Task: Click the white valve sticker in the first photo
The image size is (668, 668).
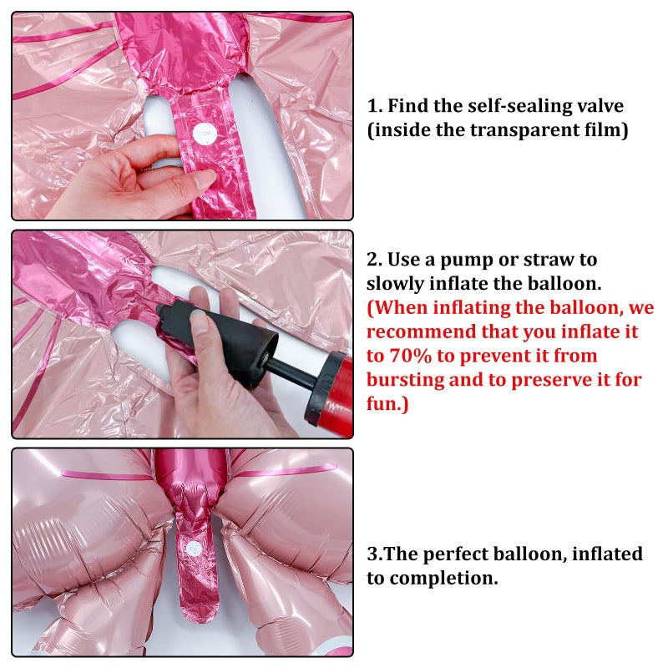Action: (205, 134)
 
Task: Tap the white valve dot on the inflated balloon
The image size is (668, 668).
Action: (195, 549)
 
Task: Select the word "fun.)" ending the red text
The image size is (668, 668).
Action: (387, 403)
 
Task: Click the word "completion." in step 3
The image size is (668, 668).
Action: (443, 579)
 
